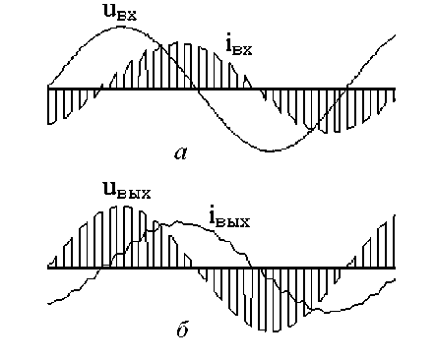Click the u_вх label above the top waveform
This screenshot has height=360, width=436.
119,13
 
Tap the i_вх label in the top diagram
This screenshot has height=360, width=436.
239,46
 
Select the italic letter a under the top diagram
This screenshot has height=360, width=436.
180,153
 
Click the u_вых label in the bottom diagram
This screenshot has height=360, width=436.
127,190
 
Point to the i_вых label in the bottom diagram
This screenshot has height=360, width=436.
229,219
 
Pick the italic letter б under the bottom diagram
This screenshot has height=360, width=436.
182,330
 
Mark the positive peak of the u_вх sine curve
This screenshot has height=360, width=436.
122,28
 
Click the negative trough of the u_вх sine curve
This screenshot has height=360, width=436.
271,150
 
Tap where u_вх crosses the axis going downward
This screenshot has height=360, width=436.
198,89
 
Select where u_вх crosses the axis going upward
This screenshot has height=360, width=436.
346,89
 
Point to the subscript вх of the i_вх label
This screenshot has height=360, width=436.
243,50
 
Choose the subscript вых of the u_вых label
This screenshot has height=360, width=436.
134,194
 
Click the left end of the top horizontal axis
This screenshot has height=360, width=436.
48,89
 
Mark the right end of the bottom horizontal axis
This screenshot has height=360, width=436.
395,268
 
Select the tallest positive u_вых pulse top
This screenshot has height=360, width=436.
127,207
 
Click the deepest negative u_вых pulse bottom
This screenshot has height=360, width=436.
270,331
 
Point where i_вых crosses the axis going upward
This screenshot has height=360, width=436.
101,268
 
